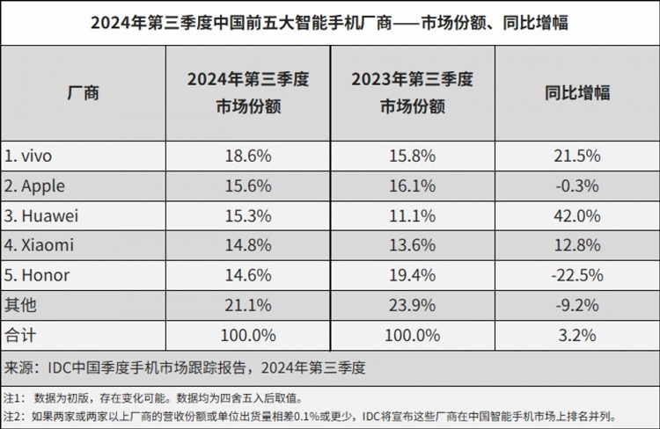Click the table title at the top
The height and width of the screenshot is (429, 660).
point(329,22)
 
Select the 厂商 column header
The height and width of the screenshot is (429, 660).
point(83,92)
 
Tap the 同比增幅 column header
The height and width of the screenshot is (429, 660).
point(577,92)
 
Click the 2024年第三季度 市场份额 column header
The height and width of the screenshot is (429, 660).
point(248,92)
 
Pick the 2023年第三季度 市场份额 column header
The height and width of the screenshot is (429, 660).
point(412,92)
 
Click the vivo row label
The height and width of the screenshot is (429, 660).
point(28,156)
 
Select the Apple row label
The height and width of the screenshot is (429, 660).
point(34,186)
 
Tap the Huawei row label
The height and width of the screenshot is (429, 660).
point(41,215)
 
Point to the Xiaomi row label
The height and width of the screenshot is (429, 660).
point(39,245)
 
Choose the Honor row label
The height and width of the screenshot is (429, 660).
point(37,275)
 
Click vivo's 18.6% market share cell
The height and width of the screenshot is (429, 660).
point(248,156)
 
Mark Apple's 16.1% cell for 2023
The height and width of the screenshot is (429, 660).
point(412,185)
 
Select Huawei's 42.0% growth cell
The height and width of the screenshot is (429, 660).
point(577,215)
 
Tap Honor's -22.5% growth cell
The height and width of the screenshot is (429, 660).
point(577,275)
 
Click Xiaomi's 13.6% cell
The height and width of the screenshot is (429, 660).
point(412,245)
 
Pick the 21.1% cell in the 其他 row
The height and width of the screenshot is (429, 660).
point(248,305)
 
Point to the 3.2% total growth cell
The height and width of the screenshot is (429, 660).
point(577,335)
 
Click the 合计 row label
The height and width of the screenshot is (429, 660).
point(20,335)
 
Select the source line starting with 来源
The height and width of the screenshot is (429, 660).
point(185,368)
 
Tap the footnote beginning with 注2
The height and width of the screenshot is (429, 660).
point(311,417)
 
